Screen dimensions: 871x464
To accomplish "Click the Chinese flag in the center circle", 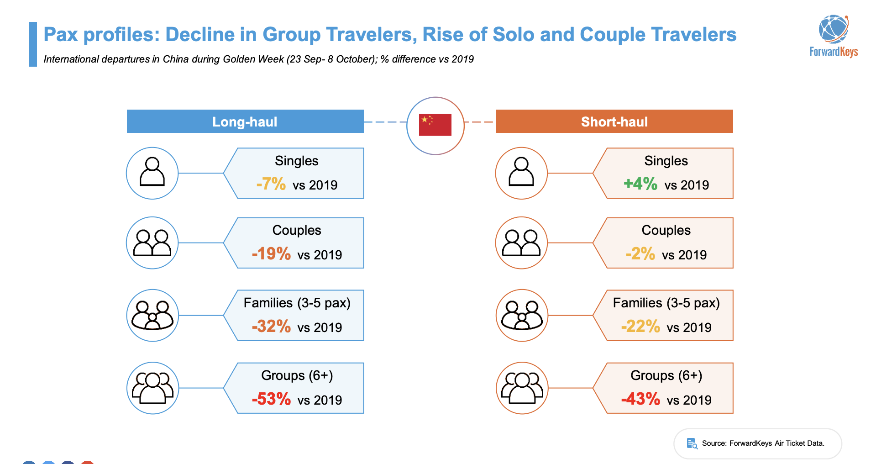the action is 435,125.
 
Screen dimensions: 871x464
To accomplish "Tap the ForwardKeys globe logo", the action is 834,29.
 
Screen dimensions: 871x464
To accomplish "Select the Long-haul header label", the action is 245,122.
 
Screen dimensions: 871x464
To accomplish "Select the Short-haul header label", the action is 614,122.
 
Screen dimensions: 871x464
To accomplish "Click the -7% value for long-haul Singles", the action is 271,184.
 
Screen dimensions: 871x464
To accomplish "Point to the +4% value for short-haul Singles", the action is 640,184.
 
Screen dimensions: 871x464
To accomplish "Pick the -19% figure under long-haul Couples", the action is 271,254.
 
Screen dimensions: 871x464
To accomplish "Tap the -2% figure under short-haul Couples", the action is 640,254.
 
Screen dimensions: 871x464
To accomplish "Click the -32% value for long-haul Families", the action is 271,327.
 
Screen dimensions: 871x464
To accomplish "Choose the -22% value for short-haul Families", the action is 640,327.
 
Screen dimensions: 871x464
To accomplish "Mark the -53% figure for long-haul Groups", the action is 271,399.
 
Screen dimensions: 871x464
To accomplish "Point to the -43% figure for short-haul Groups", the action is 640,399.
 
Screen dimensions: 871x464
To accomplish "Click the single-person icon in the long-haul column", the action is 152,172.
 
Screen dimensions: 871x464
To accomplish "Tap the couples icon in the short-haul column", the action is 521,243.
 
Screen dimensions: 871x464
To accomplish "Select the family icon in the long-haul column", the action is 152,315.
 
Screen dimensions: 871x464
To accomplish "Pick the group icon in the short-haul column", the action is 522,388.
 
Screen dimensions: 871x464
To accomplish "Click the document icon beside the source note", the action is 692,443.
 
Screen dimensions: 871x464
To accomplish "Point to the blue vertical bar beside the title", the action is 33,44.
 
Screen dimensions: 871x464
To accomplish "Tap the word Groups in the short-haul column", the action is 652,375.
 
